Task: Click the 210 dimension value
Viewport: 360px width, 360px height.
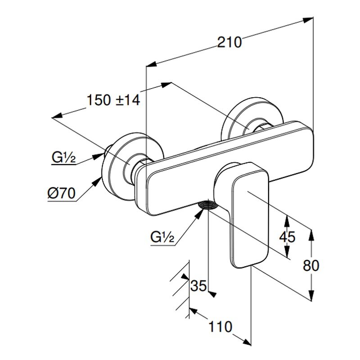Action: pyautogui.click(x=229, y=42)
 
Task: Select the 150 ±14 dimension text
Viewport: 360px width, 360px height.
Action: pyautogui.click(x=113, y=100)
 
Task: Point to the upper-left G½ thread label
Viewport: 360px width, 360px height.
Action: pyautogui.click(x=63, y=158)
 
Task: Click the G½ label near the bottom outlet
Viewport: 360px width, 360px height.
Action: pyautogui.click(x=162, y=237)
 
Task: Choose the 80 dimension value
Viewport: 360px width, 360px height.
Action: pyautogui.click(x=310, y=265)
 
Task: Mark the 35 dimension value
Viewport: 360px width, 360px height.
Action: pyautogui.click(x=198, y=286)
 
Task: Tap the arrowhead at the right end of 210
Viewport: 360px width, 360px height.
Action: pyautogui.click(x=308, y=20)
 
